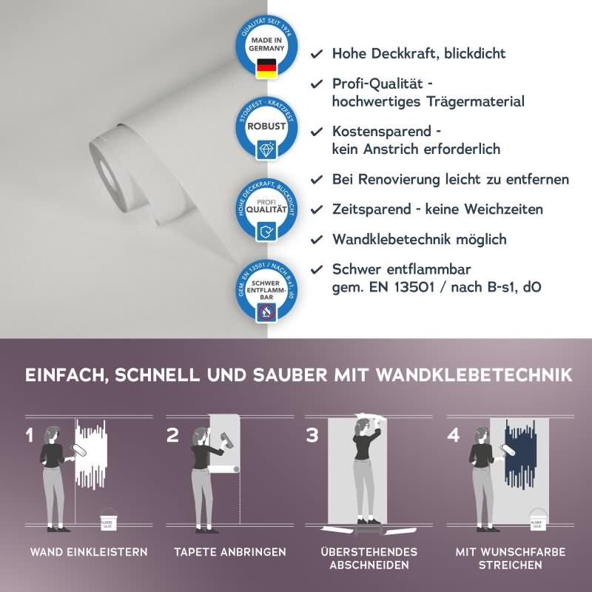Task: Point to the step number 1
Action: (30, 435)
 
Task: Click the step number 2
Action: (172, 435)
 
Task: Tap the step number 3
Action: (312, 435)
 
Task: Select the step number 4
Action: (454, 435)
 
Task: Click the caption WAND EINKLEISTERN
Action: (89, 552)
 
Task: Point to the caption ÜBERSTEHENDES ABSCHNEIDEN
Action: (369, 559)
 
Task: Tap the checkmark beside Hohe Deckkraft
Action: (316, 54)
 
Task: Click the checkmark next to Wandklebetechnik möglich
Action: (316, 239)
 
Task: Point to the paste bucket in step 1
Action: (107, 522)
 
